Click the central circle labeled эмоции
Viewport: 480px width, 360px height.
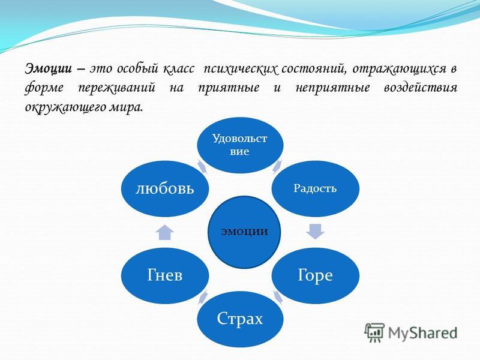tap(244, 232)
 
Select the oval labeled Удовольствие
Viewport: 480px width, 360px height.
tap(240, 145)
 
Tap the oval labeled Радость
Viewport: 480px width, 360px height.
tap(316, 188)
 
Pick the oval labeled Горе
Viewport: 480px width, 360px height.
tap(316, 275)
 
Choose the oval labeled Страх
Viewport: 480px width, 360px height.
tap(240, 319)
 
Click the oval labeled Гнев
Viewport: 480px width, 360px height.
tap(165, 275)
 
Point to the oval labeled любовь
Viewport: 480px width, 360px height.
tap(165, 188)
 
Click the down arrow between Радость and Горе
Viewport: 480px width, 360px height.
tap(316, 232)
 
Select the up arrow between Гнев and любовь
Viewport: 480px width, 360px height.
tap(165, 232)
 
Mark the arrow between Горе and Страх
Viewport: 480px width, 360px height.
tap(277, 297)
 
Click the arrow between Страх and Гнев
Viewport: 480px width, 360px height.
tap(202, 297)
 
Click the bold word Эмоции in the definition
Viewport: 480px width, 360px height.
tap(49, 68)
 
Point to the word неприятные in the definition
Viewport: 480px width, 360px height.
tap(333, 88)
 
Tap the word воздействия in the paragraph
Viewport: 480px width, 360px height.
tap(421, 88)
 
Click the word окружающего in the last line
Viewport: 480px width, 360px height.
tap(65, 108)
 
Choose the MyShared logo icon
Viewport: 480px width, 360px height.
tap(374, 332)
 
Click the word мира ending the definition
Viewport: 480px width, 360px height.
tap(126, 107)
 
